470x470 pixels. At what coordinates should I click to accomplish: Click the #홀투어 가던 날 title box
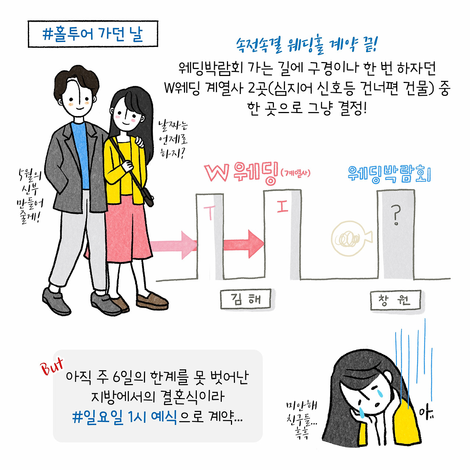pos(93,34)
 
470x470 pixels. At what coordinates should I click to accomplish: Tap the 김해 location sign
pos(246,299)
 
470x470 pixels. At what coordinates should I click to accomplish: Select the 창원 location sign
pos(395,301)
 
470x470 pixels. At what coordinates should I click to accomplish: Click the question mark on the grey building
pos(395,215)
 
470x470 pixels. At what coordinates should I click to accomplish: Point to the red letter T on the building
pos(210,212)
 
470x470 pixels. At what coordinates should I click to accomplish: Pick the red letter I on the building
pos(282,207)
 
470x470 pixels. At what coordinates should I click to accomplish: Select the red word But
pos(52,366)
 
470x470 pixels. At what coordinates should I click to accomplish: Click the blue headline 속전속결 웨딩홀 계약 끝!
pos(306,45)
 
